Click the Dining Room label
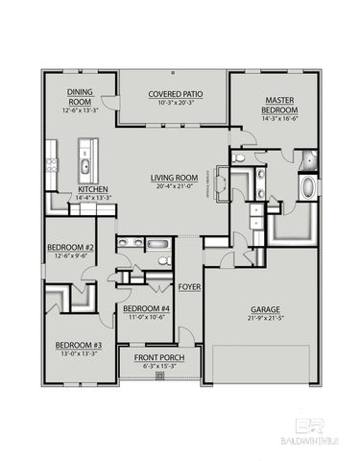point(79,96)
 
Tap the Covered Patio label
point(172,94)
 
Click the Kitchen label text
point(92,189)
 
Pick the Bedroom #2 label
point(69,247)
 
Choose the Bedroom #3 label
point(72,344)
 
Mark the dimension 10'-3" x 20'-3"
point(172,102)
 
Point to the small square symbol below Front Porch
point(159,376)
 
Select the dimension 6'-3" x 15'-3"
point(158,366)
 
